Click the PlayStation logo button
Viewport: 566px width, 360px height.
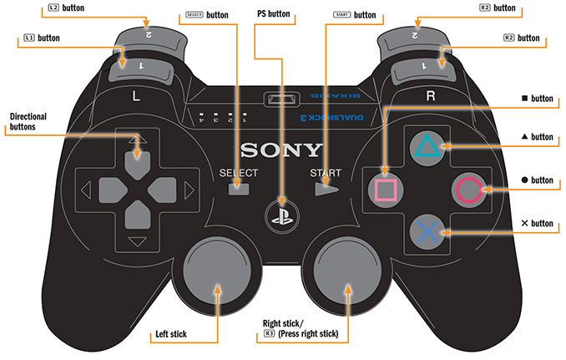[x=282, y=216]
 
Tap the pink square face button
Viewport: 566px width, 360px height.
[x=386, y=190]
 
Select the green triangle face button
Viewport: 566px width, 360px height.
[x=427, y=148]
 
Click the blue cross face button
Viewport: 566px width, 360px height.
[x=427, y=231]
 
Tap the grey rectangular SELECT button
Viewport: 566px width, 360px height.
[x=239, y=189]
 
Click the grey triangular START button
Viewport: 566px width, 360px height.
[x=326, y=189]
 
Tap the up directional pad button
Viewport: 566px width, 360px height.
[x=138, y=165]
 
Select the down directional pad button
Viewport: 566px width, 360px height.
[x=138, y=215]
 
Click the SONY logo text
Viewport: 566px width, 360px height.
[x=281, y=150]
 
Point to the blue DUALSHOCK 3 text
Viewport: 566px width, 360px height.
[x=331, y=117]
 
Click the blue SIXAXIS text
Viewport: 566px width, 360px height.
[x=336, y=96]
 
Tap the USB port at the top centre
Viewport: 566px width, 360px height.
[x=282, y=99]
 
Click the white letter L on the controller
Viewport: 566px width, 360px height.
[x=136, y=96]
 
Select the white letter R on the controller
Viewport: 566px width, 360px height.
[x=431, y=96]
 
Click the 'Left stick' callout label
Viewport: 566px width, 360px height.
[x=171, y=334]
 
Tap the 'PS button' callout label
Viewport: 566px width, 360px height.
[x=274, y=13]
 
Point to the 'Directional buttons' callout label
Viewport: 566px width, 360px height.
[x=28, y=122]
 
